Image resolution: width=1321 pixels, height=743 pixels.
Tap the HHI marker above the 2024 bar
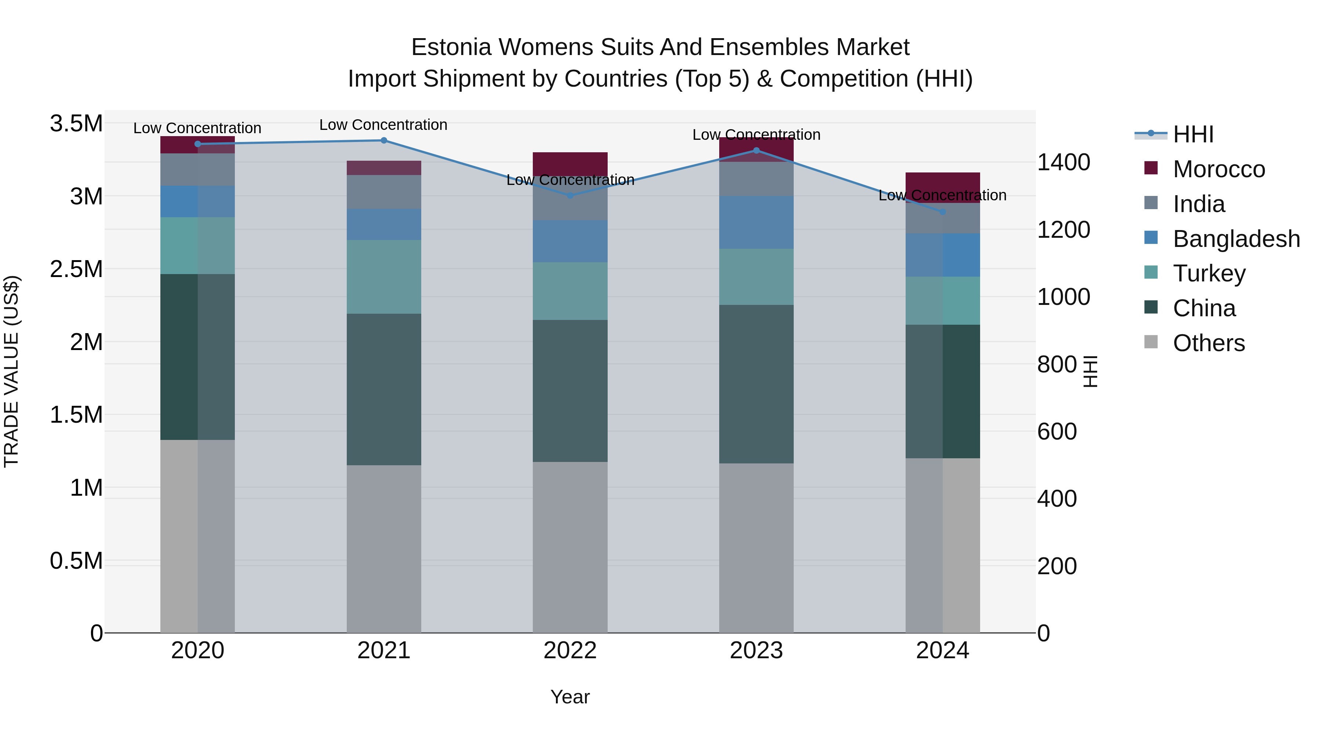coord(943,212)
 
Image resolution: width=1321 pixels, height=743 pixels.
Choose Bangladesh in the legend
coord(1236,239)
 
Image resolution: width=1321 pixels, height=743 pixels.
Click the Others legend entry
coord(1208,343)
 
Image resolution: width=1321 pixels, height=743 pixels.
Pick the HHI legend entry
coord(1193,134)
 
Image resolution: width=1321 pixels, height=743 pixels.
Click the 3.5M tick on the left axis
coord(76,124)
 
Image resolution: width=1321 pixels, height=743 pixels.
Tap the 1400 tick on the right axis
coord(1063,163)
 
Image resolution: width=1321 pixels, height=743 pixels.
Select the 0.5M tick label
coord(76,561)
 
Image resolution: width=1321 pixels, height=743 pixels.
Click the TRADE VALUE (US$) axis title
coord(11,371)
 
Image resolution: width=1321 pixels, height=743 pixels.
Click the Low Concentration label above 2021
coord(383,125)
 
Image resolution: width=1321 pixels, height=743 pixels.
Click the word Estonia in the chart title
coord(451,48)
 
